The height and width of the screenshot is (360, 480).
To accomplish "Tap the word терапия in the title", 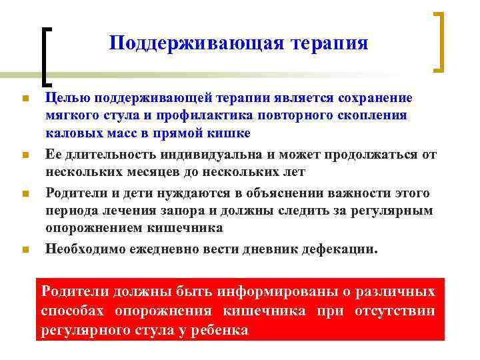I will click(331, 43).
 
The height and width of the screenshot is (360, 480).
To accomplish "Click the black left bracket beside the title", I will click(46, 57).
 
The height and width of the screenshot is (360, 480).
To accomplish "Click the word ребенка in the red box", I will click(215, 329).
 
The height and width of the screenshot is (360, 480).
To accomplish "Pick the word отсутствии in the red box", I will click(397, 311).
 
